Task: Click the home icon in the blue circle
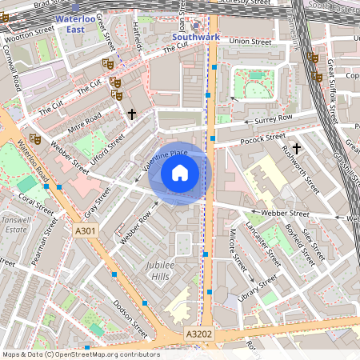[x=179, y=172]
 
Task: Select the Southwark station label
[x=196, y=37]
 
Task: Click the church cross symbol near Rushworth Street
[x=297, y=148]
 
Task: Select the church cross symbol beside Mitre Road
[x=132, y=114]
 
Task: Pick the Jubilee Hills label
[x=163, y=270]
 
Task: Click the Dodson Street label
[x=130, y=317]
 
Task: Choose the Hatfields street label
[x=138, y=37]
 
